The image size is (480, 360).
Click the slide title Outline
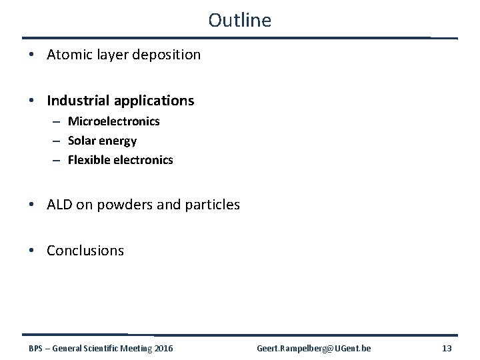[x=239, y=20]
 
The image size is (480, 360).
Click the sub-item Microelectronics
[x=113, y=121]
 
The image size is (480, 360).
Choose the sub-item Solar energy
[x=102, y=141]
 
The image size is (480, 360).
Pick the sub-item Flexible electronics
[x=120, y=160]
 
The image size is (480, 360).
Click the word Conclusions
[x=85, y=251]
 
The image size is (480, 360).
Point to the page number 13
[x=447, y=348]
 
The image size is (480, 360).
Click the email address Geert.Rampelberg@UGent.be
[x=314, y=348]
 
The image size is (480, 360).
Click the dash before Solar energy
[x=58, y=141]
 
